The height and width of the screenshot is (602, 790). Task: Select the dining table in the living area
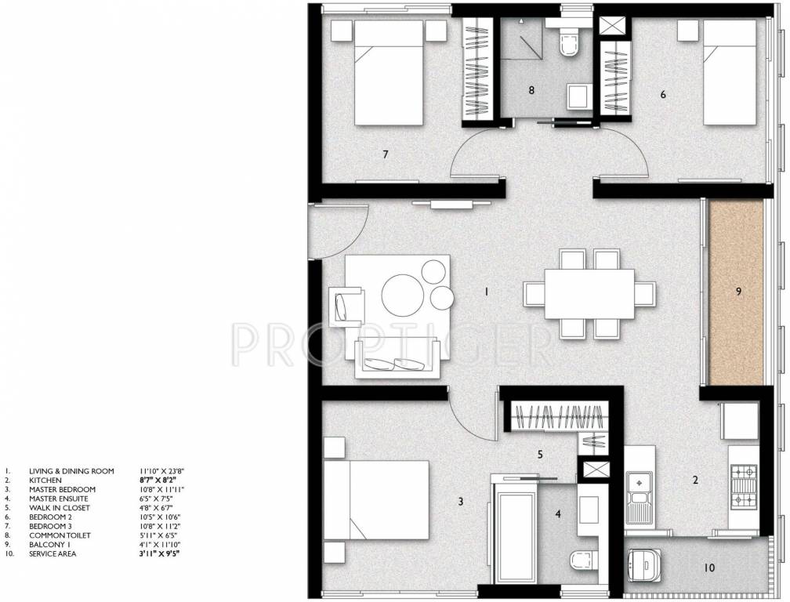[589, 294]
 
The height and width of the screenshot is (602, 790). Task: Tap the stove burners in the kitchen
[743, 487]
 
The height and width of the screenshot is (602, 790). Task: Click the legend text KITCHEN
[45, 480]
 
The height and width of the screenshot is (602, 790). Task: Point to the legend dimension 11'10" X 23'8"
[161, 471]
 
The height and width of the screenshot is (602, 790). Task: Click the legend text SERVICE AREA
[56, 554]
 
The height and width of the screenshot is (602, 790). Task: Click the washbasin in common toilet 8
[580, 96]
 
